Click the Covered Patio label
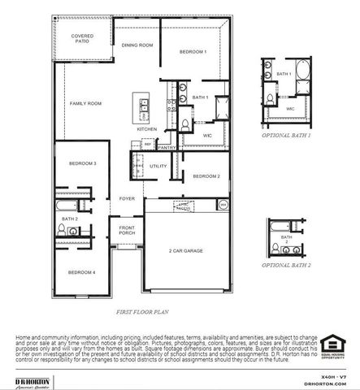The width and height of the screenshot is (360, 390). (82, 38)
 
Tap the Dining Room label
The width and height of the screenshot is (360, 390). (137, 45)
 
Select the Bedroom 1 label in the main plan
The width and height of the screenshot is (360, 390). (193, 52)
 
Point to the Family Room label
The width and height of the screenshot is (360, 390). (85, 104)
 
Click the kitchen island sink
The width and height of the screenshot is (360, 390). (143, 104)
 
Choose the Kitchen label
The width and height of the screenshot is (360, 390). (146, 129)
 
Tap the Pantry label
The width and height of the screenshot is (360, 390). (168, 148)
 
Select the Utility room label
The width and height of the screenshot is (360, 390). (158, 166)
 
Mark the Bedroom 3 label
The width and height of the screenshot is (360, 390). (82, 163)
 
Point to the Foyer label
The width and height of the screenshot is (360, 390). (128, 197)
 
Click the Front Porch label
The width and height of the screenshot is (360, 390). (127, 230)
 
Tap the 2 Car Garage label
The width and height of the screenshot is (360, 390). (186, 251)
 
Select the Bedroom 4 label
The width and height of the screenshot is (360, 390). (82, 272)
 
